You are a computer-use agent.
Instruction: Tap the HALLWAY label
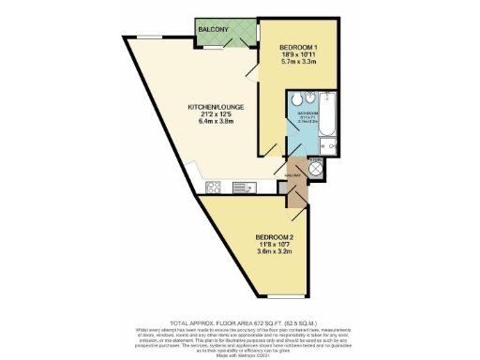pyautogui.click(x=292, y=174)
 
